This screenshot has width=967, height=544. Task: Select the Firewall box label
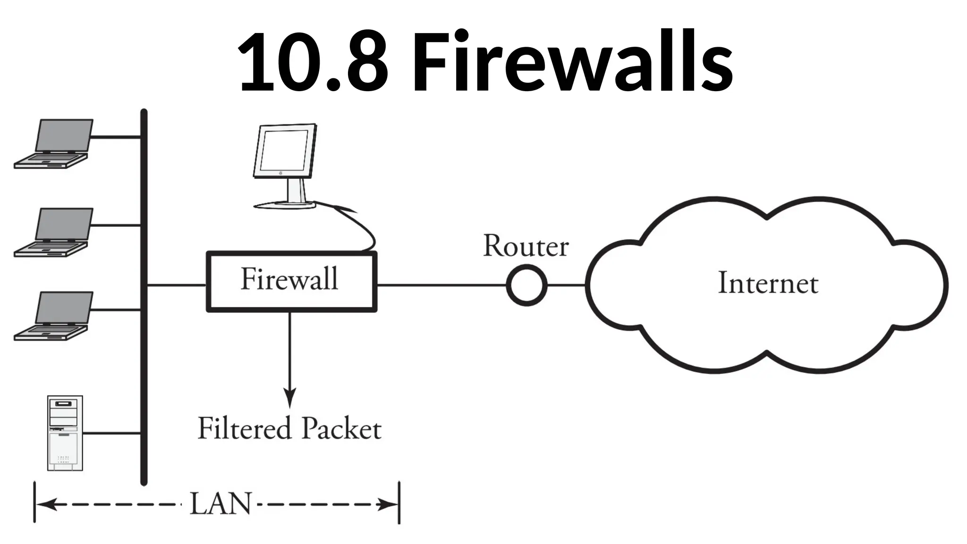click(289, 279)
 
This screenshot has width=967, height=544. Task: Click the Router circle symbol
click(526, 285)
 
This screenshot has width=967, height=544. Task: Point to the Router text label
click(526, 246)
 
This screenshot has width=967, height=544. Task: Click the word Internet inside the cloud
click(768, 283)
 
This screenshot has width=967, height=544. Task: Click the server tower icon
click(65, 433)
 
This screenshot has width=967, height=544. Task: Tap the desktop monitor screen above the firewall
click(285, 151)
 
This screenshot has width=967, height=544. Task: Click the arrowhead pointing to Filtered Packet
click(289, 398)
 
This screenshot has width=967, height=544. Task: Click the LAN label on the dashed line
click(221, 504)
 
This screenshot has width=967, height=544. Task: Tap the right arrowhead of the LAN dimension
click(390, 504)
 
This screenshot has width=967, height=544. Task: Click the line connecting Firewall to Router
click(441, 285)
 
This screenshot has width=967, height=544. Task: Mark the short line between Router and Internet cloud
click(566, 285)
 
